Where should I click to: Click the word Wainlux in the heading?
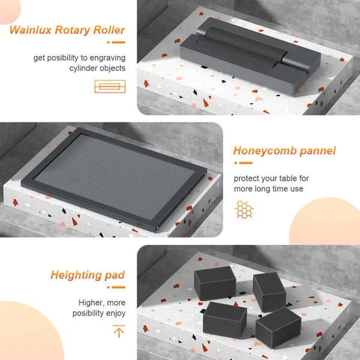(31, 30)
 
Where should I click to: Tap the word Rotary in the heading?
(73, 31)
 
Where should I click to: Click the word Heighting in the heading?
(76, 275)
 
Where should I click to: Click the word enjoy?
(116, 313)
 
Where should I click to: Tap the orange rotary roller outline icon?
(110, 86)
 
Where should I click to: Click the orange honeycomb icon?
(244, 209)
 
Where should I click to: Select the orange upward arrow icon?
(119, 331)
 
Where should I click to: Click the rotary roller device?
(250, 56)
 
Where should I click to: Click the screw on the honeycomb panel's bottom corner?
(157, 228)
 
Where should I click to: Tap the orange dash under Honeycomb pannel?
(244, 163)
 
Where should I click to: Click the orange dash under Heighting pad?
(116, 287)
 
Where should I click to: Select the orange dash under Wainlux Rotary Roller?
(116, 42)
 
